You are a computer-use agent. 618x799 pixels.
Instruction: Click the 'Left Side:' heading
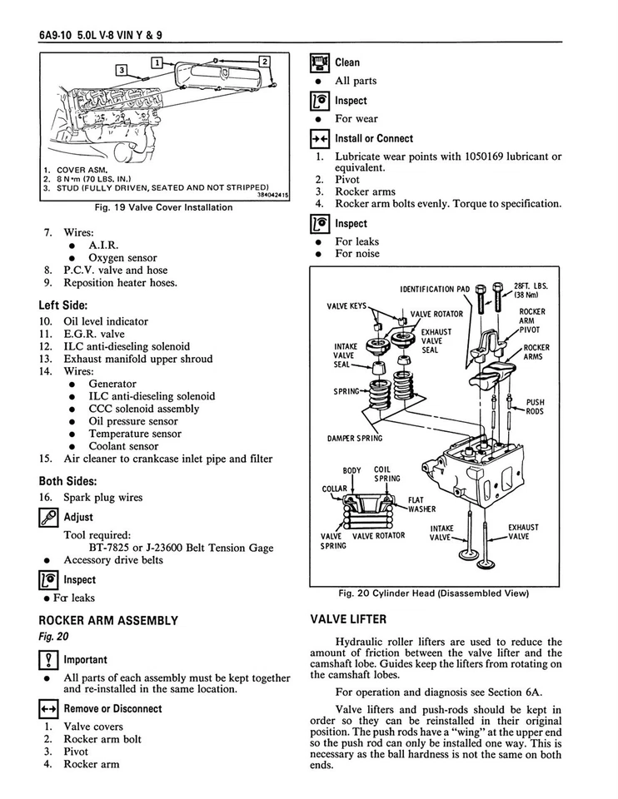[x=63, y=305]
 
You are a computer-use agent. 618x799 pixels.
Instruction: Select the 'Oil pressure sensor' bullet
[x=133, y=421]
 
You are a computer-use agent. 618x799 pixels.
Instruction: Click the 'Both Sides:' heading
[x=67, y=481]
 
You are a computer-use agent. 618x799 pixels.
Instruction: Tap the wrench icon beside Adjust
[x=48, y=517]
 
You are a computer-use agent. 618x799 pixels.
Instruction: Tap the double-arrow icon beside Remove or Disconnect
[x=48, y=709]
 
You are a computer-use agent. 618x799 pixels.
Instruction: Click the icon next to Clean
[x=320, y=62]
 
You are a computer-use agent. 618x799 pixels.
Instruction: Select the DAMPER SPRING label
[x=354, y=439]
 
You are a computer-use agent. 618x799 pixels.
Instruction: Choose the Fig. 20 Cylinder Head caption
[x=434, y=593]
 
